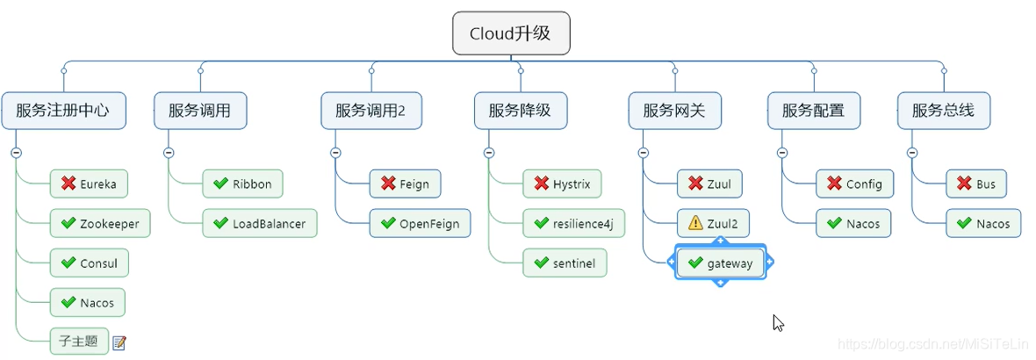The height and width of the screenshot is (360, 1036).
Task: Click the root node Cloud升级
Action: [x=510, y=33]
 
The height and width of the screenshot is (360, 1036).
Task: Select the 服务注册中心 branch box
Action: [x=62, y=111]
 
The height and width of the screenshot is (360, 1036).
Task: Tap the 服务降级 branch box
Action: [x=520, y=111]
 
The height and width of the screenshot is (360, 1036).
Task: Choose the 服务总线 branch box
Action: [x=943, y=111]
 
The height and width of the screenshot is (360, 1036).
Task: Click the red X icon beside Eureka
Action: [x=68, y=184]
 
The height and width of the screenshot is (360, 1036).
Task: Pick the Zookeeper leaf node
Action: [x=99, y=224]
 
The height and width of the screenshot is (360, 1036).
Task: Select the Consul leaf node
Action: [x=89, y=263]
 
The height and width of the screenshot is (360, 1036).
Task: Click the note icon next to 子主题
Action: [x=119, y=342]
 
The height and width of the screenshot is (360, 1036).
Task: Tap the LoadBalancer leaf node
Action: [x=259, y=224]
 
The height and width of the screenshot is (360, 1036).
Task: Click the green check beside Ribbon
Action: [x=220, y=184]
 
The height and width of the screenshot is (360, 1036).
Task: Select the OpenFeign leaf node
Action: [x=420, y=224]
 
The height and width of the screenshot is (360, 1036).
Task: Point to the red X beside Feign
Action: [x=387, y=184]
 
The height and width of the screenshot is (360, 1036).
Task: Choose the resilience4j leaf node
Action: [x=573, y=224]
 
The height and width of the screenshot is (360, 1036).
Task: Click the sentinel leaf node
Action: [x=565, y=263]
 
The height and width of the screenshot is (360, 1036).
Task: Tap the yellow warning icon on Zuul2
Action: [x=694, y=224]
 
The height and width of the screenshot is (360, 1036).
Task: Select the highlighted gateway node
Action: [x=720, y=263]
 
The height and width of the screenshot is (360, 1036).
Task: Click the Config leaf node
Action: [x=855, y=184]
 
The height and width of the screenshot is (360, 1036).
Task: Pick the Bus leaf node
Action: [x=976, y=184]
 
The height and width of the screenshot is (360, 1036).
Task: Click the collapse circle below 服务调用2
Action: [x=335, y=152]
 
